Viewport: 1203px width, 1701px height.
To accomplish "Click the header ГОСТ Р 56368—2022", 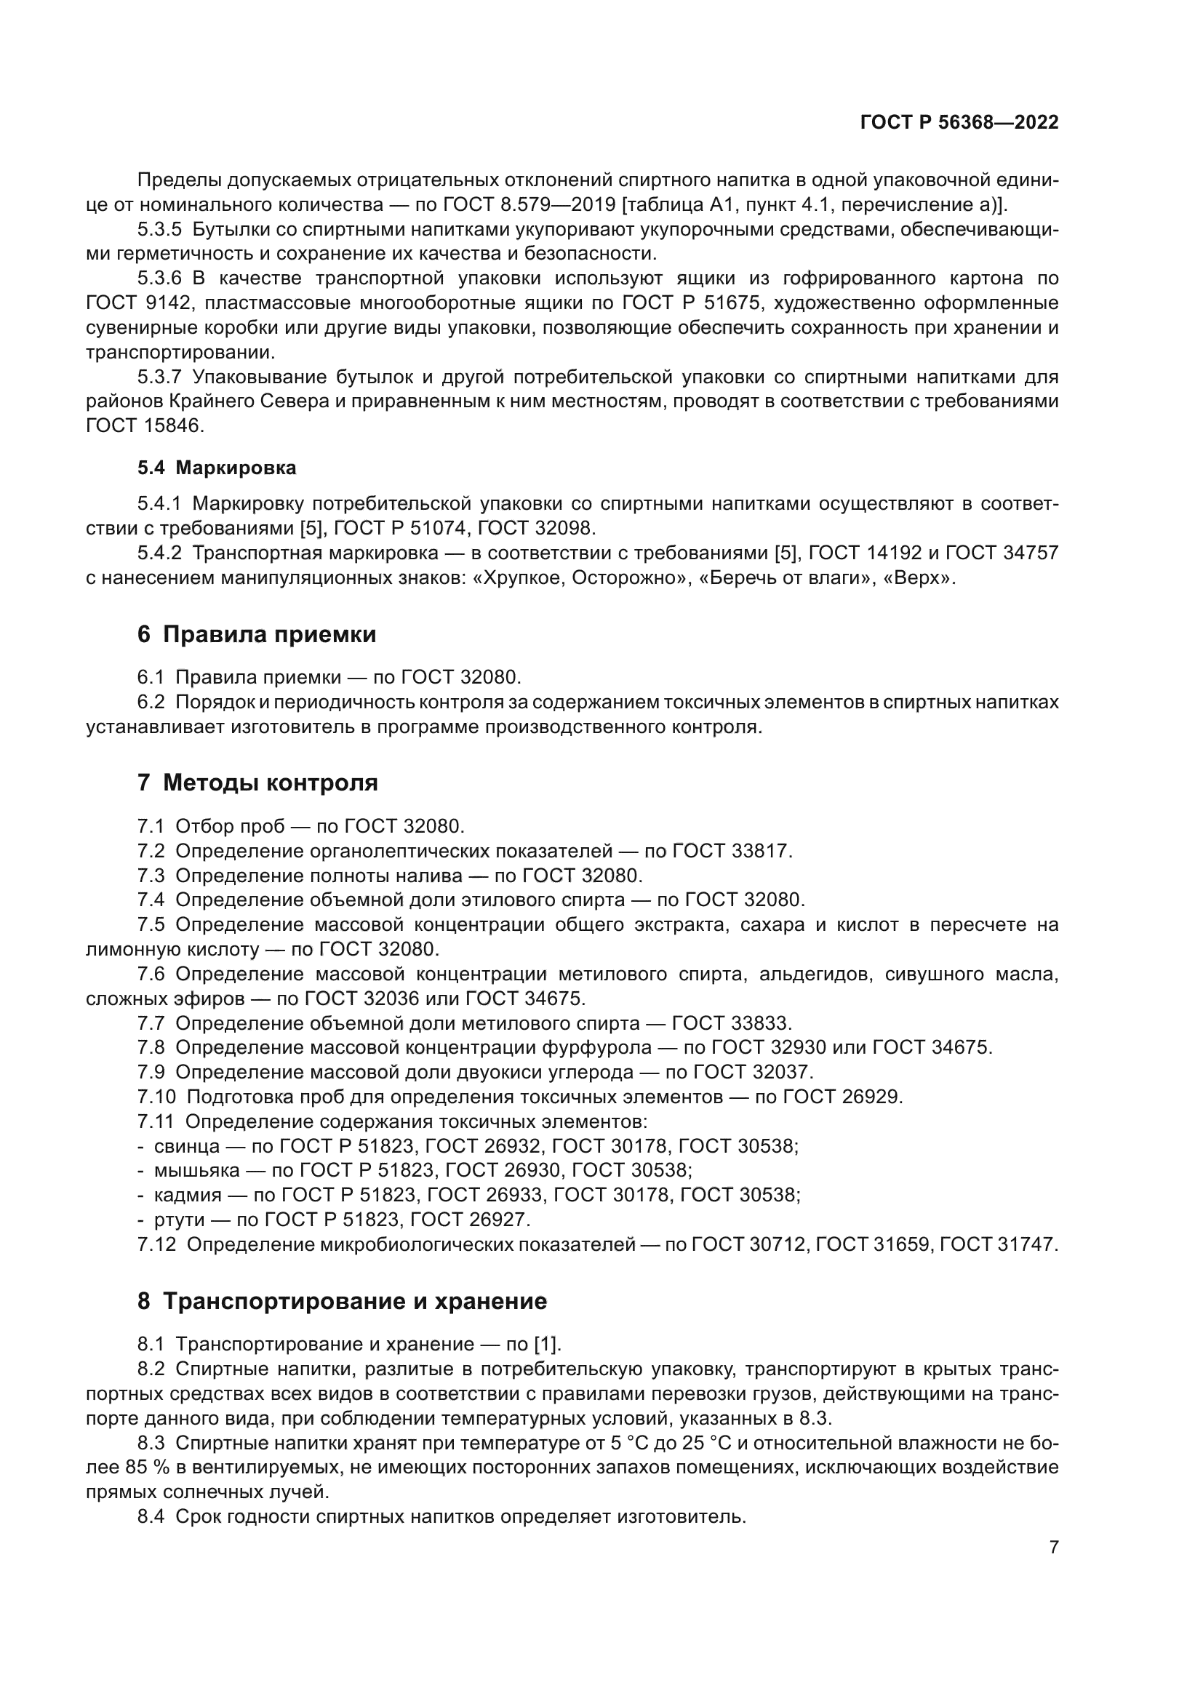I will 959,123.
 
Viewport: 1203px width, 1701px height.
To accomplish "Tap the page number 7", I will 1053,1547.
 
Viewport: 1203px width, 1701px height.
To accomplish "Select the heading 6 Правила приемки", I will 256,634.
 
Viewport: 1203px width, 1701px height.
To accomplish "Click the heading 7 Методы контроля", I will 257,783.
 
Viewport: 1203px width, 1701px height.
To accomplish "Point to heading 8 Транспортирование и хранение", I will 342,1301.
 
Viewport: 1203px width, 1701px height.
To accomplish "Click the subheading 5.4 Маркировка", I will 216,468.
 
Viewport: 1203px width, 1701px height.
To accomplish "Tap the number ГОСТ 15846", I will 145,426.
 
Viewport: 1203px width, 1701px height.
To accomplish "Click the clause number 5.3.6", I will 159,279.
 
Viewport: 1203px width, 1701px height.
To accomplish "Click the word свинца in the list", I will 187,1147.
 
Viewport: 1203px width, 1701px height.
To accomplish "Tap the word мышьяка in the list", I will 196,1171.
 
